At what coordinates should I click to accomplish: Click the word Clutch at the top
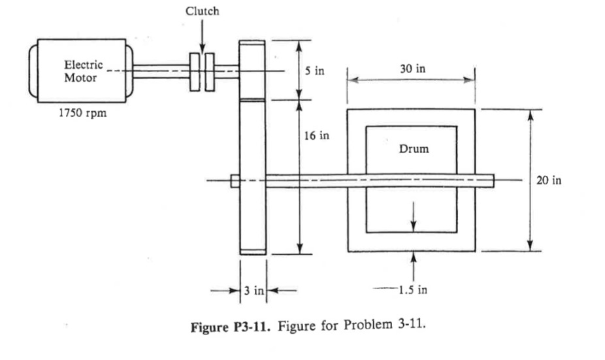[203, 11]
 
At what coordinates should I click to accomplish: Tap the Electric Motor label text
[82, 71]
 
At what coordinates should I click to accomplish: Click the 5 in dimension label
[314, 71]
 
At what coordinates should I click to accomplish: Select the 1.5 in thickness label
[414, 290]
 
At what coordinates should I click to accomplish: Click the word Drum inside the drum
[414, 148]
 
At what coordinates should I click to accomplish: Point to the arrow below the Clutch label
[203, 36]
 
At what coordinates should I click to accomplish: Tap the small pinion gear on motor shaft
[252, 69]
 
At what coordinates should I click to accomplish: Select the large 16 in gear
[252, 176]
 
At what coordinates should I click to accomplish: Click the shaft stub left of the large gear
[235, 180]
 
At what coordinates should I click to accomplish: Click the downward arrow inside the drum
[414, 219]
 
